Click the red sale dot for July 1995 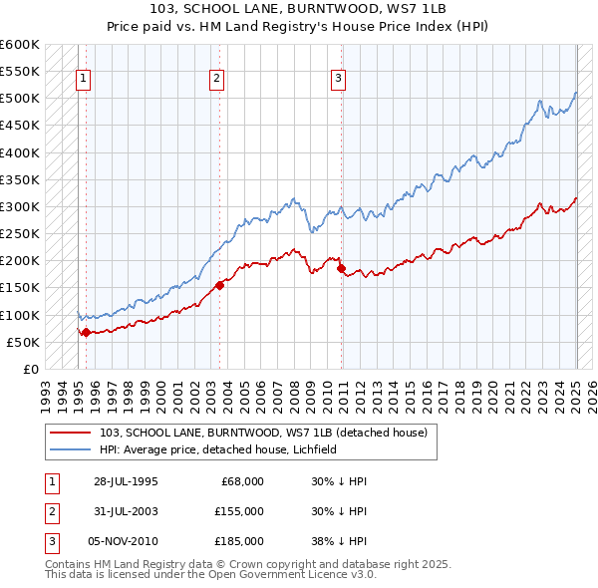(86, 333)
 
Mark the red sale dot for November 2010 (341, 269)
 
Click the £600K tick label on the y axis (20, 45)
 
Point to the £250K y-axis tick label (20, 233)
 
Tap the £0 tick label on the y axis (30, 369)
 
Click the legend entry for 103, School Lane (263, 433)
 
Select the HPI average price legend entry (218, 449)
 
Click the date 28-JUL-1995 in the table (126, 481)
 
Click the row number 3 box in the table (51, 541)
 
